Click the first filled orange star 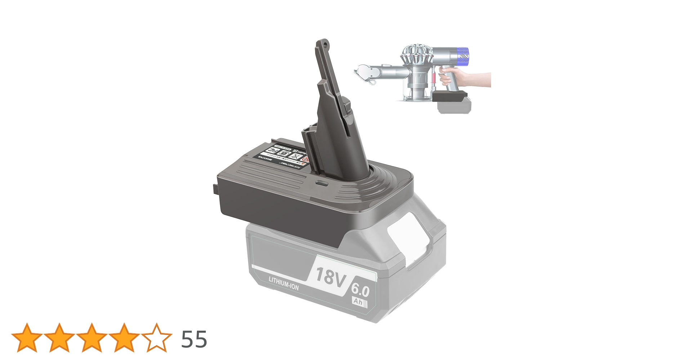click(x=27, y=338)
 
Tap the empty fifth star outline click(x=157, y=338)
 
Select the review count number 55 click(x=194, y=339)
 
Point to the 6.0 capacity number click(x=361, y=289)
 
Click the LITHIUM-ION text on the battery click(x=283, y=284)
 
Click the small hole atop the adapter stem click(x=325, y=45)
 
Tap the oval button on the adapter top click(x=321, y=183)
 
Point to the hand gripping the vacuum click(x=468, y=78)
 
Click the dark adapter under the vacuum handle click(x=450, y=96)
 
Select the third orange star click(x=91, y=338)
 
